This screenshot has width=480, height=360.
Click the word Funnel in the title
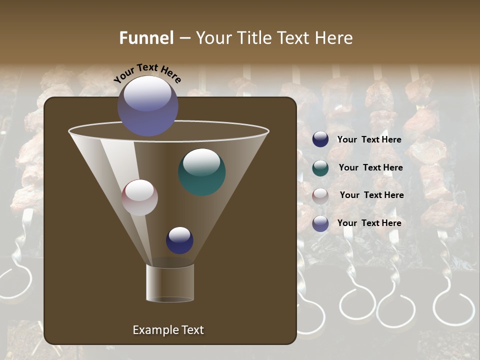[x=146, y=38]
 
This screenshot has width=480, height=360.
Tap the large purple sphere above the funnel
[x=147, y=105]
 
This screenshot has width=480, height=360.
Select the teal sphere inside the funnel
[x=201, y=171]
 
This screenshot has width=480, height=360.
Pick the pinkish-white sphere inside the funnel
[x=139, y=197]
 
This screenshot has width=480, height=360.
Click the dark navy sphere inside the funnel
[x=179, y=240]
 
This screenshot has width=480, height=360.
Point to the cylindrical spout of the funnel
[x=170, y=283]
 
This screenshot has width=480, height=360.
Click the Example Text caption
[x=168, y=330]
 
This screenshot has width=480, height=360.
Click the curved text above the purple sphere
[x=147, y=72]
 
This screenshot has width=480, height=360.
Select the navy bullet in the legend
[x=320, y=139]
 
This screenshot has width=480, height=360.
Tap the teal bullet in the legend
[x=320, y=168]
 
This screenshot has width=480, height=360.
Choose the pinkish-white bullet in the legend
[x=320, y=195]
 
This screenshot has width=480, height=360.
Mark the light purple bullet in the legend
[x=320, y=223]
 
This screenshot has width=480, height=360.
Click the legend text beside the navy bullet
[x=369, y=140]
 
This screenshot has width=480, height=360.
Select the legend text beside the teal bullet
[x=370, y=168]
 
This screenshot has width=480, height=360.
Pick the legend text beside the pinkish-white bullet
[x=371, y=195]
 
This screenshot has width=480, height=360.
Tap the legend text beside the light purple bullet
[x=369, y=223]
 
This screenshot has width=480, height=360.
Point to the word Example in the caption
[x=155, y=330]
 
